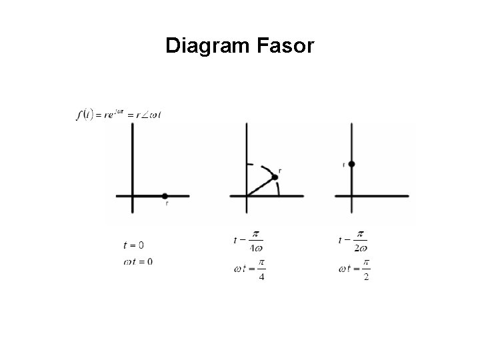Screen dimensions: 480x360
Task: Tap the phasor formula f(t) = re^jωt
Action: [x=119, y=115]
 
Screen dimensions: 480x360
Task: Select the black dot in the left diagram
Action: [x=165, y=196]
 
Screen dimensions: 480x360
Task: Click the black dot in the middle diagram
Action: [x=274, y=177]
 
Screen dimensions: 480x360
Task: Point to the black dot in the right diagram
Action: [x=351, y=163]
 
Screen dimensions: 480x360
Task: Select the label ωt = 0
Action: [x=137, y=261]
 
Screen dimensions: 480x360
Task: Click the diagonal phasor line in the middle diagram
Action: [x=260, y=187]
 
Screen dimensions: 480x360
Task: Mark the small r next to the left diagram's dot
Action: [x=166, y=203]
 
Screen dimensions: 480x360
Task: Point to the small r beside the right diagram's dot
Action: [x=344, y=164]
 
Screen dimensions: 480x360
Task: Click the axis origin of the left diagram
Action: [x=133, y=196]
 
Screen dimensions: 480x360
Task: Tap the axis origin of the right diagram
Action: [x=351, y=196]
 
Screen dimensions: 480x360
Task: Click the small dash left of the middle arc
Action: [x=250, y=164]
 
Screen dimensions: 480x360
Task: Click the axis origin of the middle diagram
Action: [x=247, y=196]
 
